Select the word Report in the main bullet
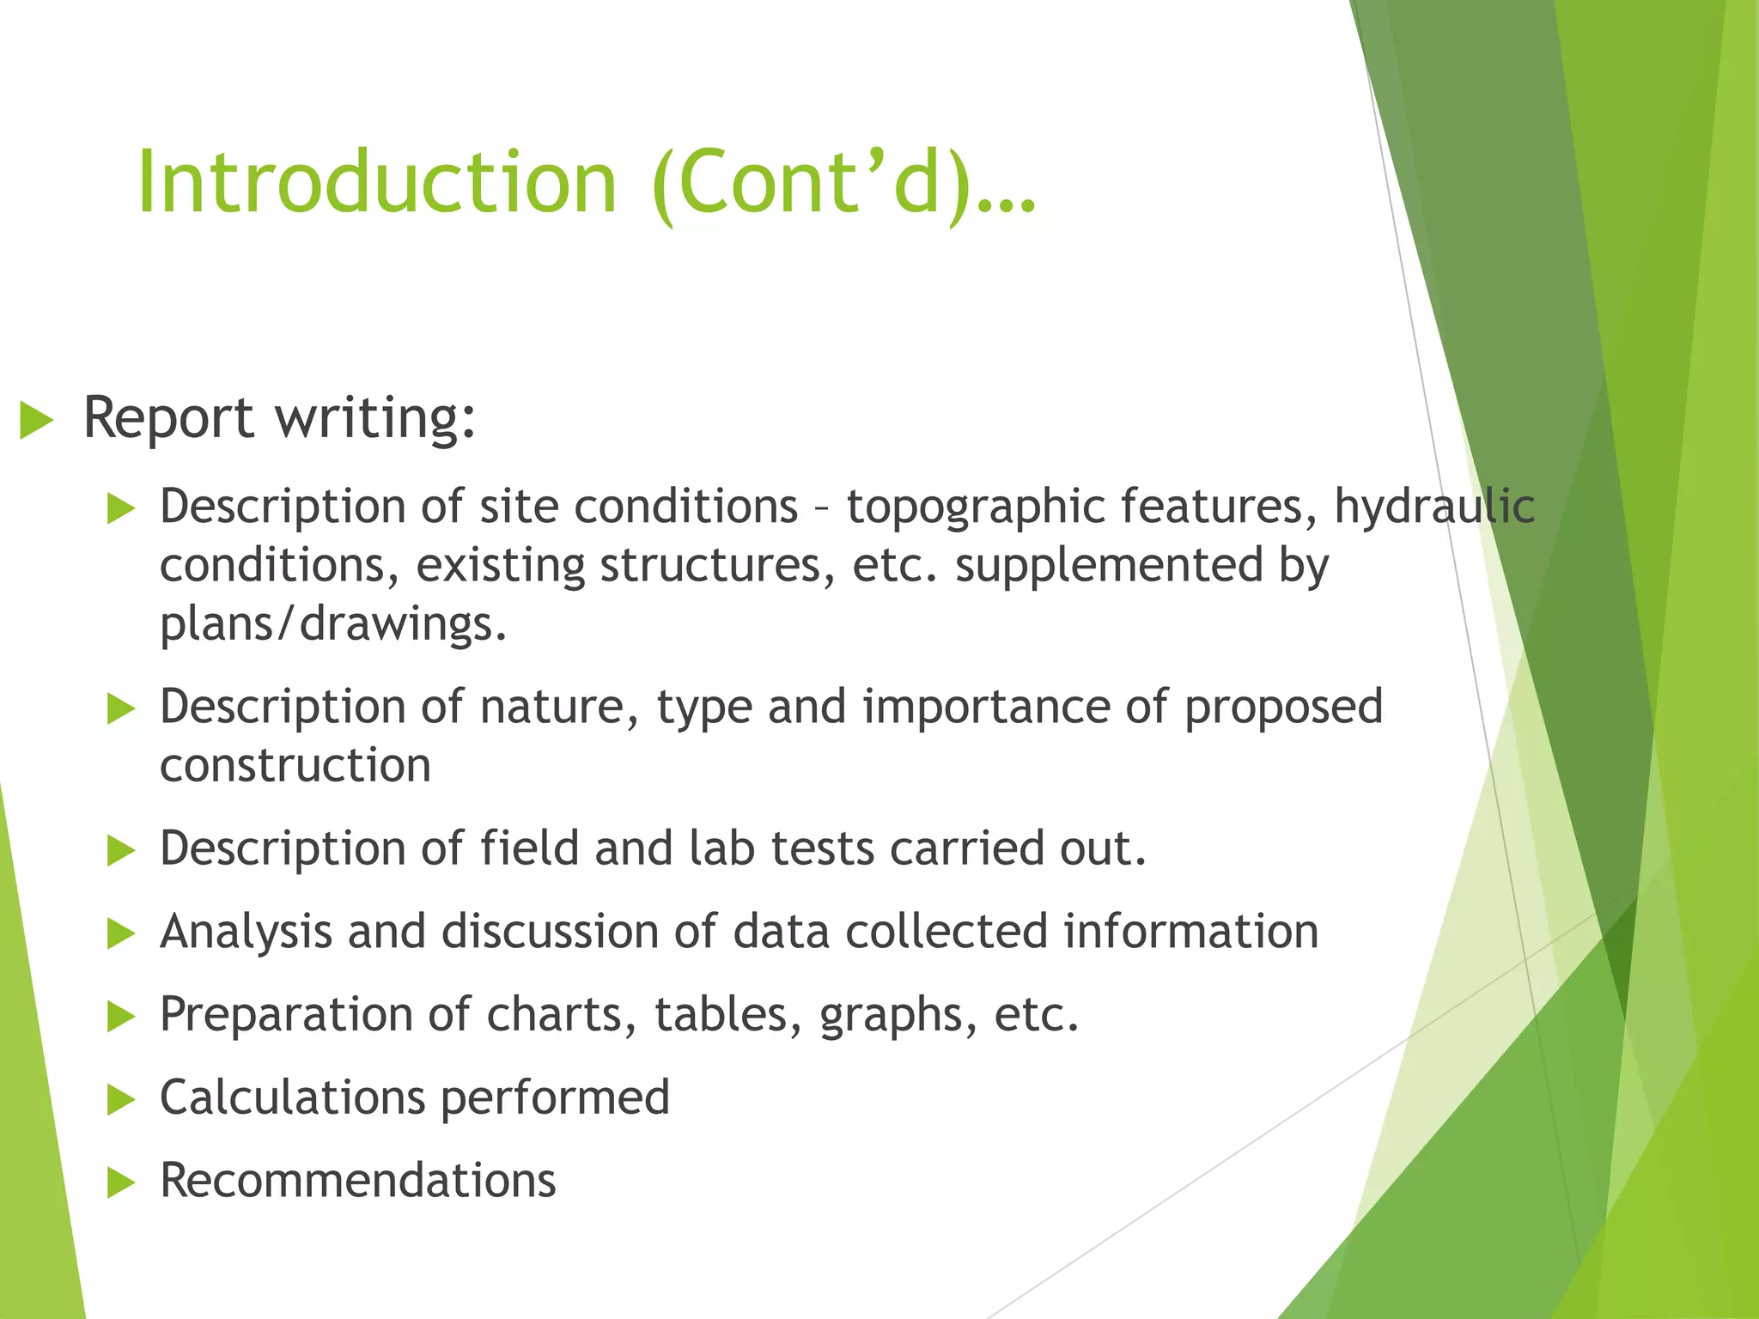(x=168, y=419)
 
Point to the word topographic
(x=974, y=507)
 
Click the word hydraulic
(x=1433, y=507)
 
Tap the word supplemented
(x=1109, y=565)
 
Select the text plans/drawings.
(x=333, y=623)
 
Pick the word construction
(x=295, y=764)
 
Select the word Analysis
(x=246, y=933)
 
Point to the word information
(x=1190, y=931)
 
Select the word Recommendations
(x=357, y=1180)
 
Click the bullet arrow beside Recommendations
(x=121, y=1182)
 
